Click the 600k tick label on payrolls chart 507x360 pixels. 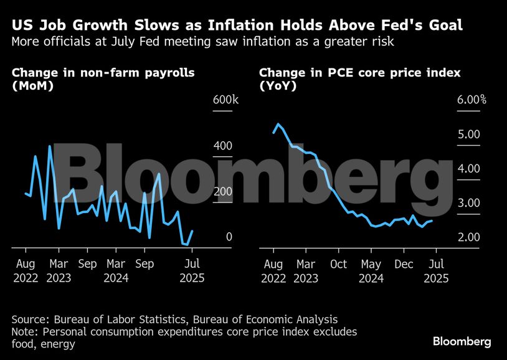click(225, 100)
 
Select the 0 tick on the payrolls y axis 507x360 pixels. click(229, 237)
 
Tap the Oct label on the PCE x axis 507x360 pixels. click(338, 263)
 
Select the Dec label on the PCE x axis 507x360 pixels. click(404, 263)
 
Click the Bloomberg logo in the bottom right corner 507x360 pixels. click(462, 341)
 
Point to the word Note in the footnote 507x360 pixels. click(25, 331)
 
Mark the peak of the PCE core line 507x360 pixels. click(278, 123)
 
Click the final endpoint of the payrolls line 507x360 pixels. click(192, 230)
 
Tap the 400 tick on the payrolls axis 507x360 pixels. click(224, 146)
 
